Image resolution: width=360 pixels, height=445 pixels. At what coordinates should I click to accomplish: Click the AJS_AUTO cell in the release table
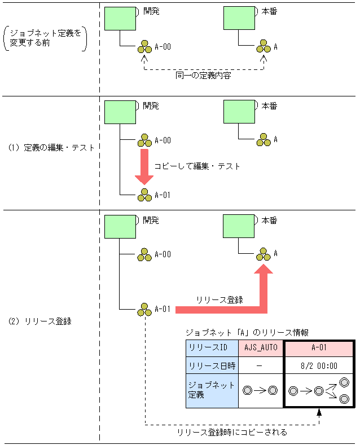click(x=260, y=347)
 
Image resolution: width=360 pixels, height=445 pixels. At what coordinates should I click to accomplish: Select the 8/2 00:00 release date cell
click(x=319, y=365)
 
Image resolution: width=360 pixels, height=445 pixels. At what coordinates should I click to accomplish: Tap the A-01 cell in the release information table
click(x=319, y=347)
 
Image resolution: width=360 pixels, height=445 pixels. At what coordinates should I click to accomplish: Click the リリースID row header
click(x=212, y=347)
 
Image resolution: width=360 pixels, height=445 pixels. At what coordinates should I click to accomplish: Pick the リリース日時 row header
click(x=212, y=365)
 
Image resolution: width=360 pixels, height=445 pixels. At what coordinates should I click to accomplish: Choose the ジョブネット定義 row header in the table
click(x=212, y=390)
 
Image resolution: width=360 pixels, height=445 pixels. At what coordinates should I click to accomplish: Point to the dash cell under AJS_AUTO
click(x=260, y=365)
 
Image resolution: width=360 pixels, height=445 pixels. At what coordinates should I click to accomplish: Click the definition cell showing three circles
click(x=319, y=390)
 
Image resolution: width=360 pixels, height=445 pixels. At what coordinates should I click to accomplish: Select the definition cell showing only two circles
click(x=260, y=390)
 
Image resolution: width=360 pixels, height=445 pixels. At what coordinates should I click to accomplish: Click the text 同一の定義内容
click(x=204, y=74)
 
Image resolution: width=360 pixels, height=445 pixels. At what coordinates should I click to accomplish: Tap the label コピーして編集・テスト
click(x=197, y=166)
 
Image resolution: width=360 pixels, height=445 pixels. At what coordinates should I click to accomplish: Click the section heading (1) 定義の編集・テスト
click(x=51, y=148)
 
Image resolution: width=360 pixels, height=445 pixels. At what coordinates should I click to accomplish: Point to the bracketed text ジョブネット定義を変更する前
click(x=45, y=38)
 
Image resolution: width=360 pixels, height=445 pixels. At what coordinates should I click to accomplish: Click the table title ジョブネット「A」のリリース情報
click(x=247, y=332)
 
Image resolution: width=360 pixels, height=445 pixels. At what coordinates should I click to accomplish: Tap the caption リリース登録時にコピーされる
click(x=232, y=432)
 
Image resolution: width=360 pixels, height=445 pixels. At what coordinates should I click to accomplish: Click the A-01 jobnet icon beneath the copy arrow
click(x=144, y=195)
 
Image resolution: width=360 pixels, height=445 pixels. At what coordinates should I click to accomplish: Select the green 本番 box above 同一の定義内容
click(x=239, y=18)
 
